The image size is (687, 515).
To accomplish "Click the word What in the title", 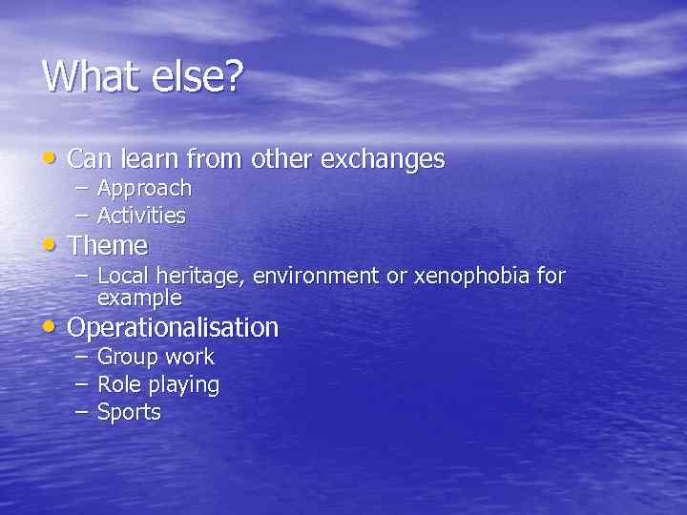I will pos(91,75).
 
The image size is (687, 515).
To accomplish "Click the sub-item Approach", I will pos(144,189).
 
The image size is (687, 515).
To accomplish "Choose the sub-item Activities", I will pos(141,216).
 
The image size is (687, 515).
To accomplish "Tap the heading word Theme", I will pos(108,245).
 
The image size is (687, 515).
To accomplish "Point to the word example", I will pos(139,298).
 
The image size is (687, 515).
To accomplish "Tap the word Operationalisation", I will pos(174,328).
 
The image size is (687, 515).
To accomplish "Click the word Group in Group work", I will pos(127,358).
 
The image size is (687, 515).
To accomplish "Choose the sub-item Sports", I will pos(129,413).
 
